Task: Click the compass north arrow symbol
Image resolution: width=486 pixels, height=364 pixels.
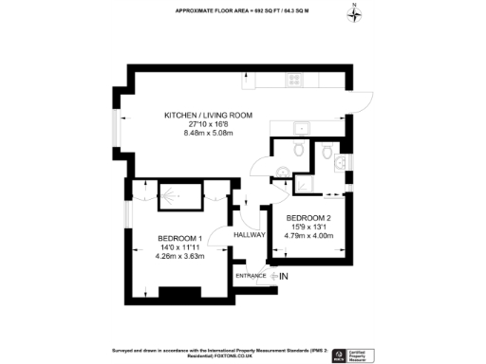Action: click(x=354, y=13)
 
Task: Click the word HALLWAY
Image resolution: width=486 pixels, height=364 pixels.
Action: click(x=249, y=234)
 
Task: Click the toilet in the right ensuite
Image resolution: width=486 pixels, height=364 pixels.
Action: click(x=327, y=150)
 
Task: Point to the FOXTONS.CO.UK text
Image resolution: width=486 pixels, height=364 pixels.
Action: click(x=238, y=355)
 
